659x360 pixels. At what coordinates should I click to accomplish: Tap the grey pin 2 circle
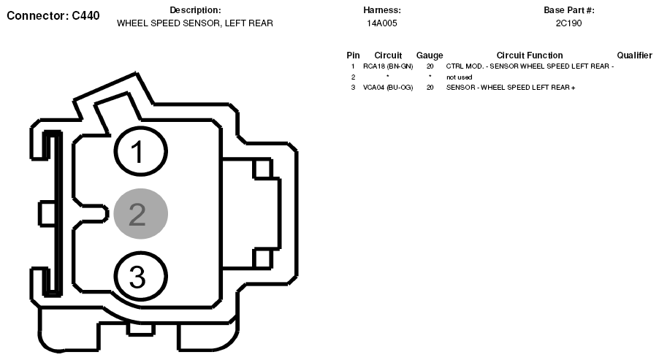click(x=141, y=214)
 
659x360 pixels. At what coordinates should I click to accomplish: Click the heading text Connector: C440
click(x=53, y=15)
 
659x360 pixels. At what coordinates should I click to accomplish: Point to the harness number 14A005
click(x=381, y=23)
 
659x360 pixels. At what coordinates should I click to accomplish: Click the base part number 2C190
click(x=568, y=23)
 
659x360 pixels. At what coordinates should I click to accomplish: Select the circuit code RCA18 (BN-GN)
click(x=388, y=66)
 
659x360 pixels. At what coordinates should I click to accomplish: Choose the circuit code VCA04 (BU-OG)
click(x=388, y=88)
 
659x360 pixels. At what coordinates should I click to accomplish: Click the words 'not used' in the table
click(x=459, y=77)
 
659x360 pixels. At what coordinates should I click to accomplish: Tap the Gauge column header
click(x=430, y=55)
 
